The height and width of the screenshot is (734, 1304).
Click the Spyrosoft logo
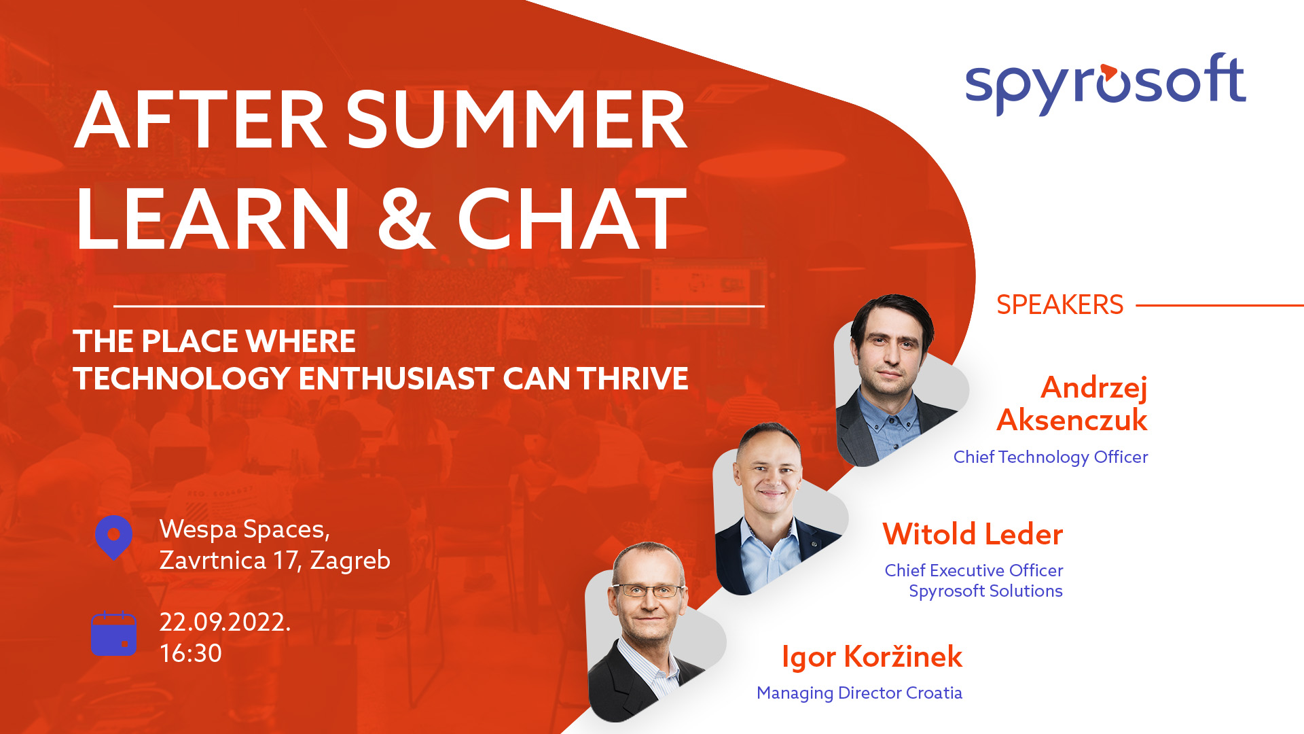[1106, 84]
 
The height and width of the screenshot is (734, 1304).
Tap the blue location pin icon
[114, 537]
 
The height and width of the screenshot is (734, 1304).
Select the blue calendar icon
[114, 634]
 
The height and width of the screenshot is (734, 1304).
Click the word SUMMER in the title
[518, 120]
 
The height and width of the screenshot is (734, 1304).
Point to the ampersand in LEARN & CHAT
[405, 219]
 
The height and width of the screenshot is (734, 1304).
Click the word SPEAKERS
[1059, 305]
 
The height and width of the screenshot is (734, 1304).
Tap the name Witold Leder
[973, 534]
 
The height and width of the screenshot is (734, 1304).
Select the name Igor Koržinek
[872, 657]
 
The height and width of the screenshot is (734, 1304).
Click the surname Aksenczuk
[1072, 420]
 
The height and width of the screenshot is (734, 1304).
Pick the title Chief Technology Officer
[1051, 457]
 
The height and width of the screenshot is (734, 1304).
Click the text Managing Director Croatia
[859, 693]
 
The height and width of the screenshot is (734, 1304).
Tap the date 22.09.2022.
[225, 623]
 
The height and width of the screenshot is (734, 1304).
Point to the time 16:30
[191, 653]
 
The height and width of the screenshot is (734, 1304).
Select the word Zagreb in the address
[350, 561]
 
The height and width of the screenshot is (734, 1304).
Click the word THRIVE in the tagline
[633, 379]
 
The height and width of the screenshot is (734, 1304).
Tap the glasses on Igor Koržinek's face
[649, 591]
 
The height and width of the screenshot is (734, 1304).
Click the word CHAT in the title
[573, 219]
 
